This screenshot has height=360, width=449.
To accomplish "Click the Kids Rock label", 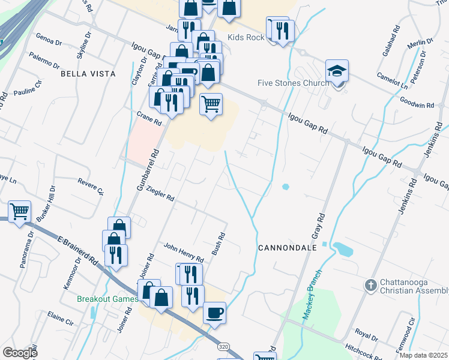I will [x=247, y=37].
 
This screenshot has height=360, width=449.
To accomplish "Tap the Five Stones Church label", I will [x=293, y=83].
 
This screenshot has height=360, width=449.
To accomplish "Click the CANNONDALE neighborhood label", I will [x=283, y=247].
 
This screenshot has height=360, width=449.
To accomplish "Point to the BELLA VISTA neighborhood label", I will [x=84, y=74].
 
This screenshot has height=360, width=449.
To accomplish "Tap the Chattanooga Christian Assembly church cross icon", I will [x=370, y=283].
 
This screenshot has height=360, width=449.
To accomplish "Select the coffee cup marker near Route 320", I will [x=214, y=313].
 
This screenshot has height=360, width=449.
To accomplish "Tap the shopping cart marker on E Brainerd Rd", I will [x=19, y=211].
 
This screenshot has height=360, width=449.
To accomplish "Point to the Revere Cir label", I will [x=91, y=186].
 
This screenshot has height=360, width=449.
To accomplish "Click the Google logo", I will [x=20, y=352].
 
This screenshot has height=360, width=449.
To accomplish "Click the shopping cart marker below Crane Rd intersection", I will [x=211, y=104].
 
